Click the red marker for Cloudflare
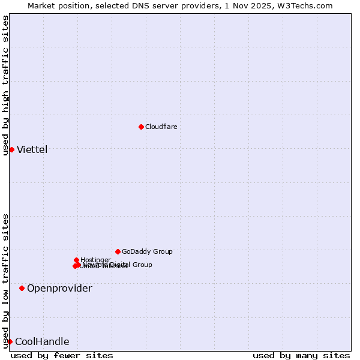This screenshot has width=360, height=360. coord(141,127)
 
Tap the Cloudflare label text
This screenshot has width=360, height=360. coord(161,127)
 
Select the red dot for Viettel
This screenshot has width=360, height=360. coord(11,149)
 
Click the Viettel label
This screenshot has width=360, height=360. coord(32,150)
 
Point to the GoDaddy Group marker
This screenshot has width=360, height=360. coord(118,251)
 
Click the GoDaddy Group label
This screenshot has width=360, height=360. coord(147,252)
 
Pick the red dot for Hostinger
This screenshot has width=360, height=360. coord(76,260)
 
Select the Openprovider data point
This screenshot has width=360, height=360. coord(22,288)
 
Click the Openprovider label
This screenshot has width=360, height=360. coord(59,289)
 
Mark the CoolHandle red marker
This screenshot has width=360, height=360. coord(10,341)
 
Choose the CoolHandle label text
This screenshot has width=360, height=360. coord(42,342)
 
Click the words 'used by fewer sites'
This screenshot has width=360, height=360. coord(62,355)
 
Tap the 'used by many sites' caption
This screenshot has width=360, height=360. coord(301,355)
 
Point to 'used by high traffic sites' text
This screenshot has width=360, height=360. coord(6,85)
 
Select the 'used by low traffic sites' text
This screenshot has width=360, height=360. coord(6,281)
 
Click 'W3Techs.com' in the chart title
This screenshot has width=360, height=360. coord(307,5)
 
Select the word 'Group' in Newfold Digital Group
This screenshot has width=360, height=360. coord(142,265)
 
